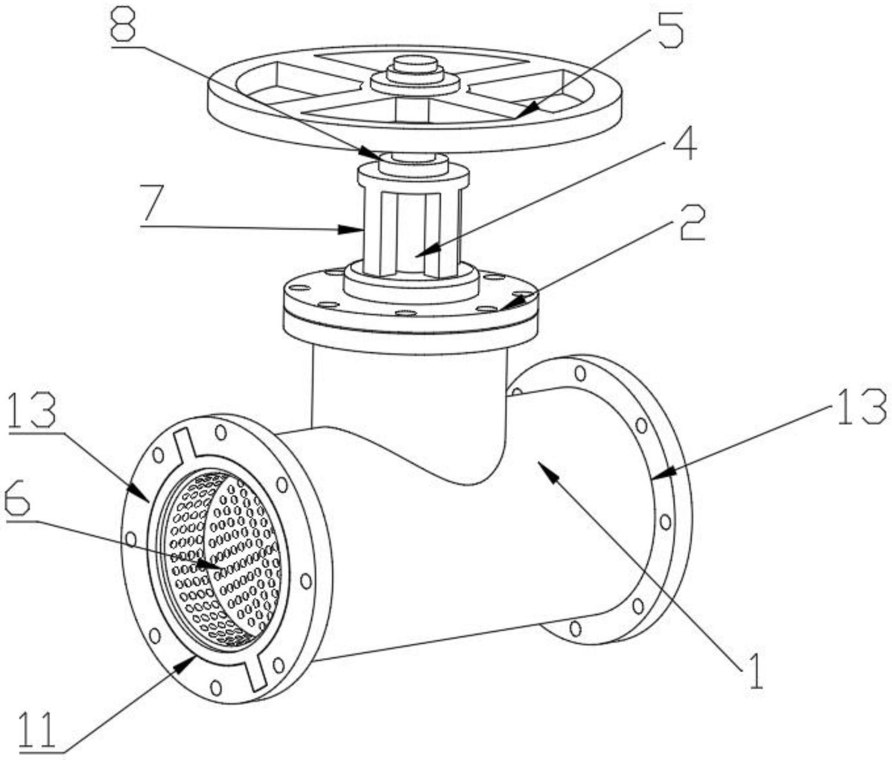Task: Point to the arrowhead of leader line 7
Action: (x=359, y=230)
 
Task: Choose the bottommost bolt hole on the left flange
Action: (x=215, y=687)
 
